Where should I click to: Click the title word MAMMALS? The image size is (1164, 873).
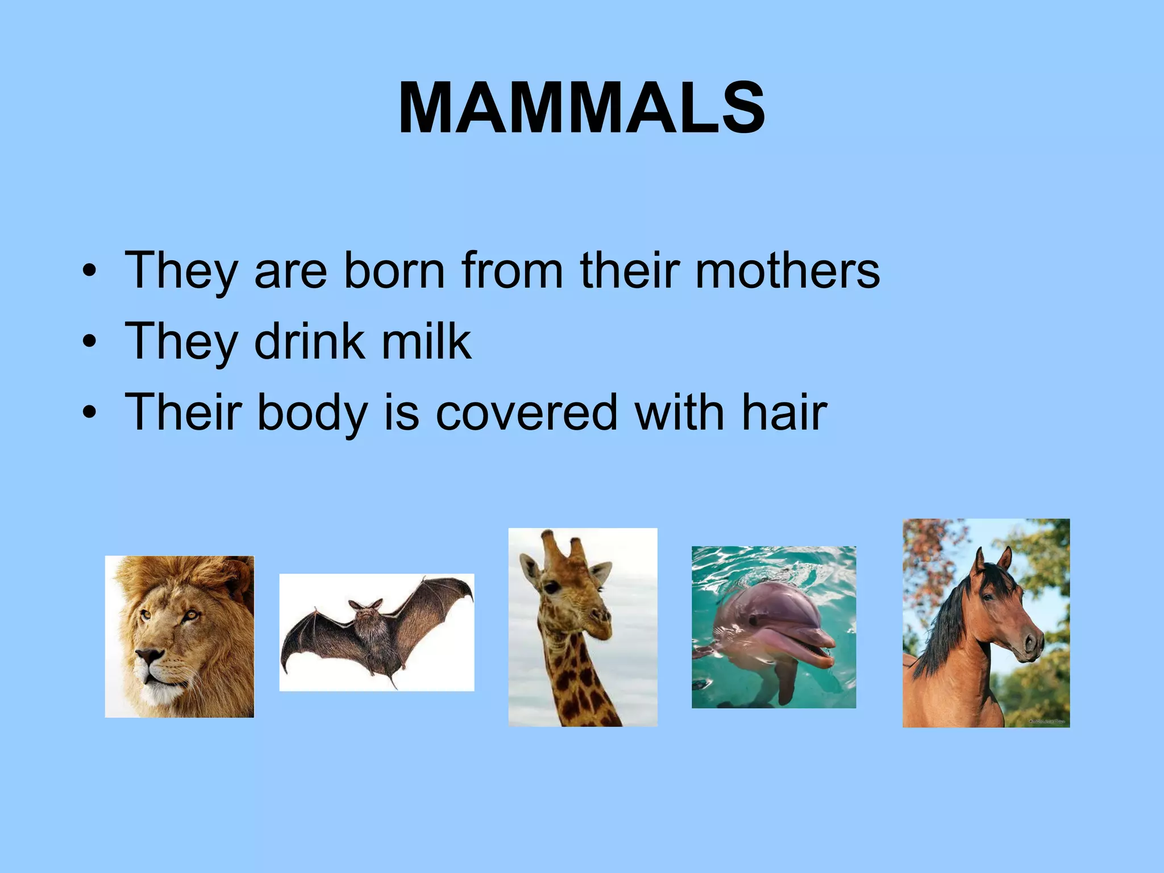(x=582, y=108)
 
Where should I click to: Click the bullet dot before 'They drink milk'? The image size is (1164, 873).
(x=89, y=342)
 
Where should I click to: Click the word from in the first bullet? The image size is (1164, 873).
(x=512, y=271)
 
